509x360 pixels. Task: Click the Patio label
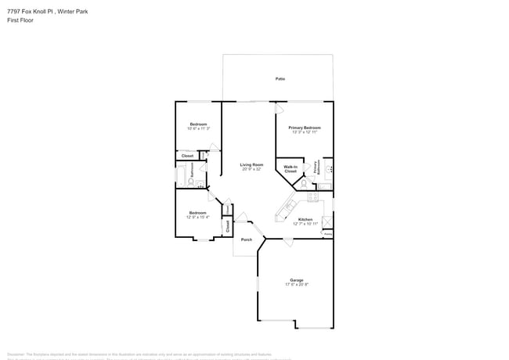point(280,79)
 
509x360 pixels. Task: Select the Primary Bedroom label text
point(305,128)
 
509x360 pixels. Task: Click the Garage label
point(297,279)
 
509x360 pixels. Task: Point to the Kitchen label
point(305,219)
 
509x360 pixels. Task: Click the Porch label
point(247,239)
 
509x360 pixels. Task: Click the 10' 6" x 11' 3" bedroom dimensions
point(198,128)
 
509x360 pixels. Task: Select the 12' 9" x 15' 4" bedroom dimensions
point(198,217)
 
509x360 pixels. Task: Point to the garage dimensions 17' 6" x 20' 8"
point(297,284)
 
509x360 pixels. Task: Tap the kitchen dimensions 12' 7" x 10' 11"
point(305,224)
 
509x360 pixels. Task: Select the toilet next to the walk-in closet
point(304,185)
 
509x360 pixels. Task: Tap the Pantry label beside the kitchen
point(328,233)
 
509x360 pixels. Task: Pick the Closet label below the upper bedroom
point(187,156)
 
